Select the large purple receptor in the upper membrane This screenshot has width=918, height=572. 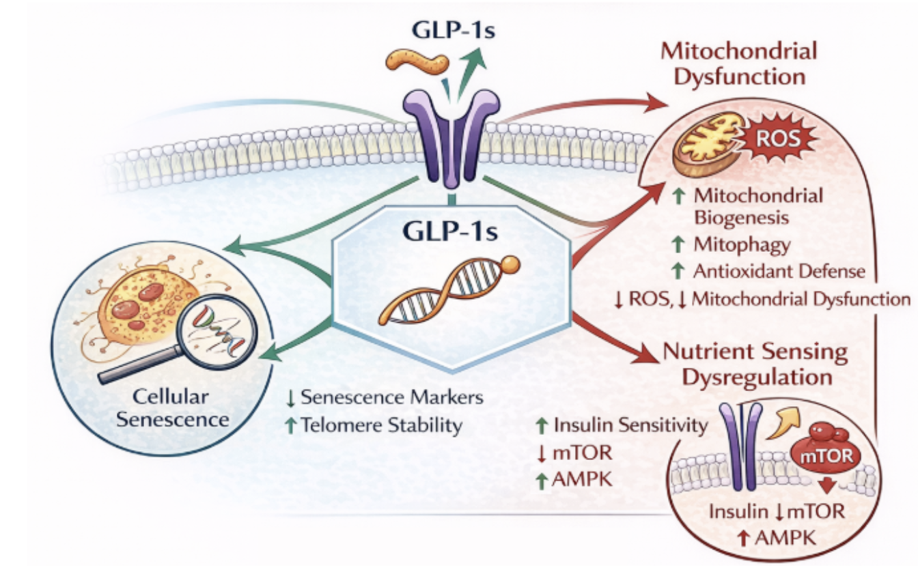tap(451, 140)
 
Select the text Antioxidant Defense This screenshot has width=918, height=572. tap(779, 271)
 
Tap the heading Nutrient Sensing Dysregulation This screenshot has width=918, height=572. tap(755, 364)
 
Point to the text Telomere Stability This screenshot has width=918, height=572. tap(380, 425)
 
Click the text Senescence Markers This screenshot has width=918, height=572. tap(391, 397)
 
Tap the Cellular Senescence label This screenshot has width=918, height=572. tap(172, 409)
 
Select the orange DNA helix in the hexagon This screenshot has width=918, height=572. tap(437, 294)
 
